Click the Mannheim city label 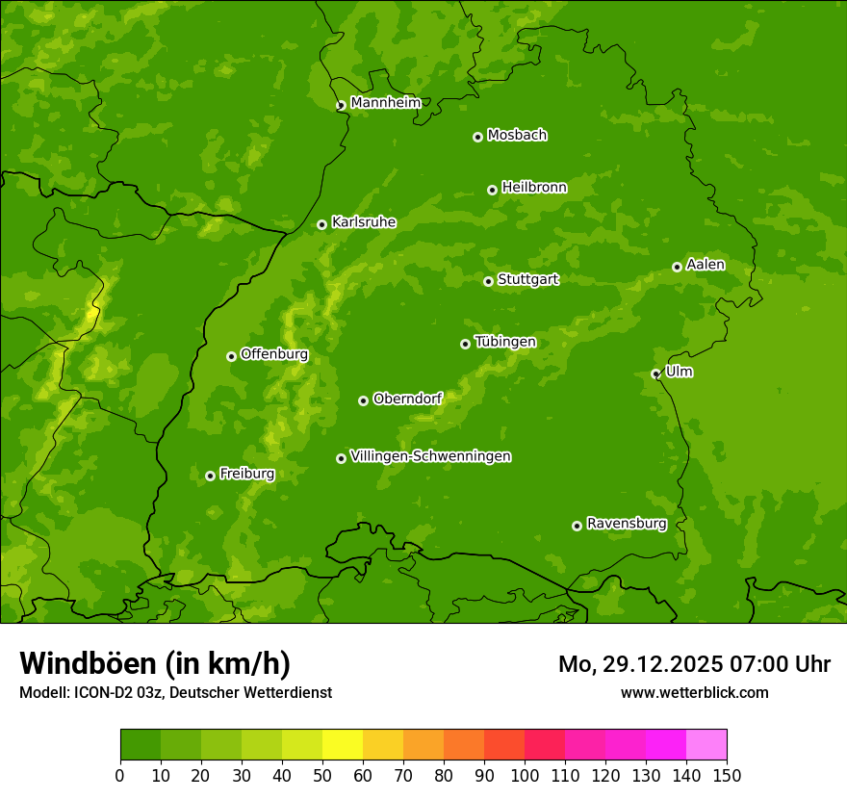(x=385, y=103)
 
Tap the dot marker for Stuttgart (x=488, y=281)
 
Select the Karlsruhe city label (x=363, y=222)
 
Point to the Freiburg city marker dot (x=210, y=476)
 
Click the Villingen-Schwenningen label (x=430, y=456)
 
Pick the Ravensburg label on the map (x=626, y=524)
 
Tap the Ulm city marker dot (x=655, y=374)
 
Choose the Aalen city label (x=706, y=265)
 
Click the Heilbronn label (x=534, y=188)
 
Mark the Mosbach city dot (x=477, y=137)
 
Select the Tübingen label (x=505, y=342)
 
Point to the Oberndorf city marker (x=363, y=400)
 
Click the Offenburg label (x=274, y=354)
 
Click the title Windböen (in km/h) (x=155, y=663)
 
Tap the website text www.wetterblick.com (x=694, y=692)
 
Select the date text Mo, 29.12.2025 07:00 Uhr (x=694, y=664)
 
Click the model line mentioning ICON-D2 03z (x=175, y=692)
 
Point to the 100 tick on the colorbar (x=525, y=776)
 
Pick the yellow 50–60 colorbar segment (x=343, y=745)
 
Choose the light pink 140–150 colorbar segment (x=706, y=745)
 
